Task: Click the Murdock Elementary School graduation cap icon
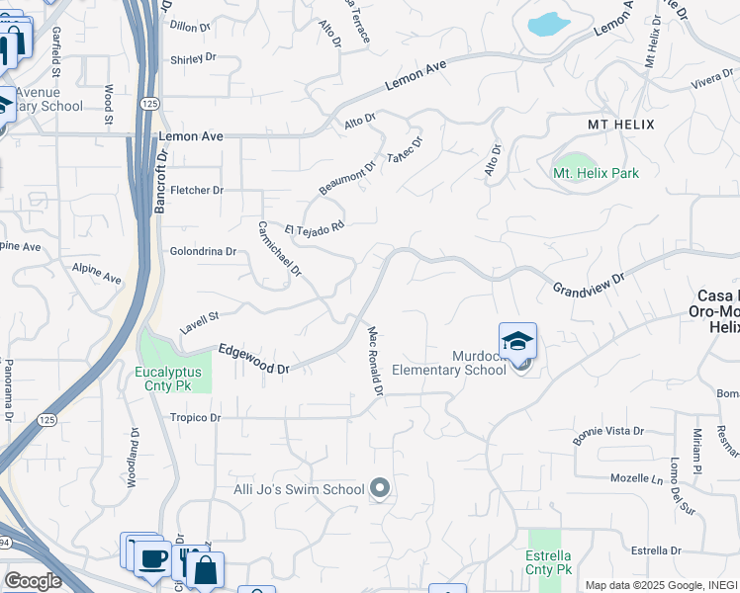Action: (x=517, y=342)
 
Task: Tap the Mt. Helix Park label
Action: (x=596, y=173)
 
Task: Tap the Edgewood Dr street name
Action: (x=253, y=359)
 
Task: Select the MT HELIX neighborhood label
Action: (x=620, y=124)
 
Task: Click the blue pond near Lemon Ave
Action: (x=545, y=24)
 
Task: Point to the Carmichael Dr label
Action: (x=279, y=248)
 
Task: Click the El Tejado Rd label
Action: (x=314, y=229)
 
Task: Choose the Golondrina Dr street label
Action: (x=203, y=251)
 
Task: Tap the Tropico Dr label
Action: (x=193, y=418)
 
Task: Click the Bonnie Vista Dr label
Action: (x=609, y=432)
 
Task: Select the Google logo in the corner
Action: (x=32, y=581)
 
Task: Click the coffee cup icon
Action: (x=151, y=559)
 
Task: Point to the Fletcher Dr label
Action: (x=197, y=190)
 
